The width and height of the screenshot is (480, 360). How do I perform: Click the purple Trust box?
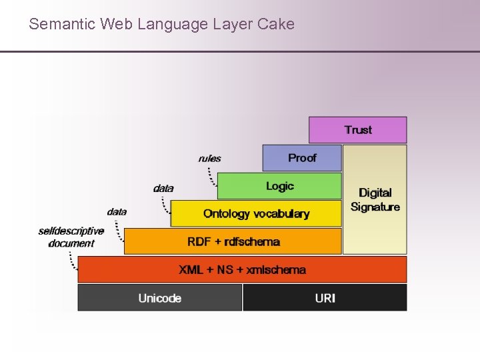click(x=357, y=130)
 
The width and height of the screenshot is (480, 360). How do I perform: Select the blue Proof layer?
click(x=301, y=158)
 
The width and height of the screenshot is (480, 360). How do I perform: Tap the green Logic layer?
click(x=279, y=186)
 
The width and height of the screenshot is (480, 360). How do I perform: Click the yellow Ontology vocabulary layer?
click(x=256, y=214)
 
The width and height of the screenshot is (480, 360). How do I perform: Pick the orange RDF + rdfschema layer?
click(x=233, y=241)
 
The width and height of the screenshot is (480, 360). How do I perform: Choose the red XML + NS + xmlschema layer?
click(x=242, y=269)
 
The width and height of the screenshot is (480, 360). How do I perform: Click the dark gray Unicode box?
click(x=159, y=298)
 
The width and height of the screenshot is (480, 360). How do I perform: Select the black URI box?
click(x=325, y=298)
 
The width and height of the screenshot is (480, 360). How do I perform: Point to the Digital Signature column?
click(x=375, y=200)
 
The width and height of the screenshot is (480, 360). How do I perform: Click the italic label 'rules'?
click(x=209, y=159)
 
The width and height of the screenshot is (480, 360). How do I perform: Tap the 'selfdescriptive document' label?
click(x=71, y=237)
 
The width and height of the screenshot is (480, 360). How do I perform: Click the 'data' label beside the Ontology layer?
click(x=163, y=189)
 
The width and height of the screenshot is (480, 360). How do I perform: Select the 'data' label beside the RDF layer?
click(x=117, y=212)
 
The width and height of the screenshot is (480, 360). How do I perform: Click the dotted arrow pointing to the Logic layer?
click(x=212, y=176)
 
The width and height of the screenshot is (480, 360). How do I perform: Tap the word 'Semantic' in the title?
click(x=62, y=25)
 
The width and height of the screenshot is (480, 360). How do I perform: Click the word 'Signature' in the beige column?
click(x=375, y=207)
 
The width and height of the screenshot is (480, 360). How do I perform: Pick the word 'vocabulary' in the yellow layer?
click(x=280, y=214)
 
